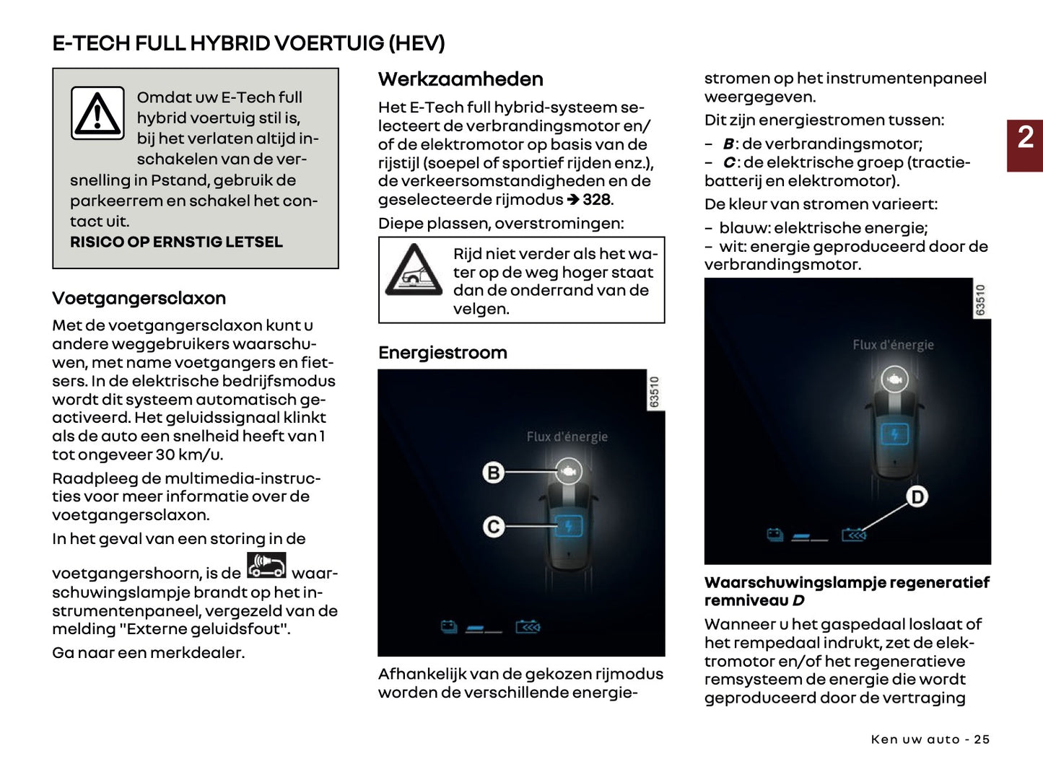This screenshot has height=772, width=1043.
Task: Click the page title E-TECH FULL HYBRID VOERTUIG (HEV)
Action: coord(248,43)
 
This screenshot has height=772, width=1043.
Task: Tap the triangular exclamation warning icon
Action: coord(97,113)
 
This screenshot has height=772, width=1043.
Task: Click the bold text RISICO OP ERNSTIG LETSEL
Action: coord(176,242)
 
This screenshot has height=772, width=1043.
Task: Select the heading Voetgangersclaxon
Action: coord(139,298)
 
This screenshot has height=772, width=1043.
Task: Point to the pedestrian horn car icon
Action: coord(266,566)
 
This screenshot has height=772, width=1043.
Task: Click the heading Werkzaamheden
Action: coord(461,79)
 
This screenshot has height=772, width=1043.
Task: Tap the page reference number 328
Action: coord(597,200)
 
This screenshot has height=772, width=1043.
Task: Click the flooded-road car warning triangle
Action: coord(414,271)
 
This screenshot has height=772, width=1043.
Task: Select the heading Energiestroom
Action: coord(442,353)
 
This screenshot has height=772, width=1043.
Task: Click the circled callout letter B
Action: coord(494,473)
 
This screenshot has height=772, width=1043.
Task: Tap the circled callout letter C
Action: coord(494,527)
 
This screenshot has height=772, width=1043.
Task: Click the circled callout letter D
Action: coord(917,496)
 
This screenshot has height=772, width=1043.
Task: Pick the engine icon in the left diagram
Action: coord(569,471)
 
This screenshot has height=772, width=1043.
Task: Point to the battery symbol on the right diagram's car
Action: coord(894,434)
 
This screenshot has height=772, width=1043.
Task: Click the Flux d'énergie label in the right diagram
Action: coord(893,345)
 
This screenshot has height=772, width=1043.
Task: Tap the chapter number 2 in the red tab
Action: coord(1025,138)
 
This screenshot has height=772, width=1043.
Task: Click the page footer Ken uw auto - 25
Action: coord(930,740)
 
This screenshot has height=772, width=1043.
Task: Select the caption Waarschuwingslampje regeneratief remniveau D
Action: coord(847,591)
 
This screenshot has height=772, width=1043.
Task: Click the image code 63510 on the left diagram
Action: coord(655,391)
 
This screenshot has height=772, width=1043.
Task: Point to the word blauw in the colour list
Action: coord(743,228)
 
